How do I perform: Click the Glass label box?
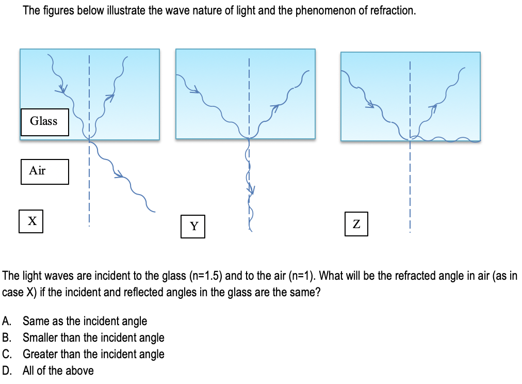pyautogui.click(x=44, y=122)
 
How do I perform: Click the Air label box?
pyautogui.click(x=44, y=171)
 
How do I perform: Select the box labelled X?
pyautogui.click(x=31, y=221)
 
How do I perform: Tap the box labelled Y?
pyautogui.click(x=193, y=227)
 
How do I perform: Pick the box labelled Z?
pyautogui.click(x=356, y=224)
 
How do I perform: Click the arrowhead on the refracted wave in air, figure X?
pyautogui.click(x=119, y=174)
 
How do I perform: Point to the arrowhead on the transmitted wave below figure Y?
pyautogui.click(x=251, y=190)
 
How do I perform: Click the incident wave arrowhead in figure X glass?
pyautogui.click(x=61, y=89)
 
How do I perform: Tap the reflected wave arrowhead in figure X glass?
pyautogui.click(x=109, y=98)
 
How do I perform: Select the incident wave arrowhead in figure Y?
pyautogui.click(x=195, y=90)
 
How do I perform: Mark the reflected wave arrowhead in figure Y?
pyautogui.click(x=275, y=108)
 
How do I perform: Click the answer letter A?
pyautogui.click(x=6, y=321)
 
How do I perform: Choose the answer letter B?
pyautogui.click(x=6, y=338)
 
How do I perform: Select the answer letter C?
pyautogui.click(x=7, y=354)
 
